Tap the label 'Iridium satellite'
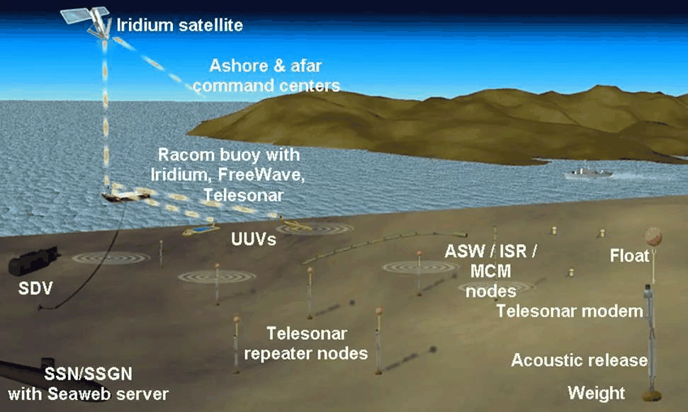(179, 25)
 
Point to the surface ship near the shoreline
(588, 172)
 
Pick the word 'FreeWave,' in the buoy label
(261, 175)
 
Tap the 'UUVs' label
(253, 239)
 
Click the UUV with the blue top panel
(201, 229)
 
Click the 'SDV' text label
(35, 288)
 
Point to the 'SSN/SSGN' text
(88, 374)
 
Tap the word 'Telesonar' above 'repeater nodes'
(307, 333)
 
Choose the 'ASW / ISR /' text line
(490, 251)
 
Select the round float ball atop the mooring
(653, 236)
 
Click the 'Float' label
(629, 256)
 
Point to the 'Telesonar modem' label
(570, 311)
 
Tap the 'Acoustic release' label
(579, 360)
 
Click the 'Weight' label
(597, 393)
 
